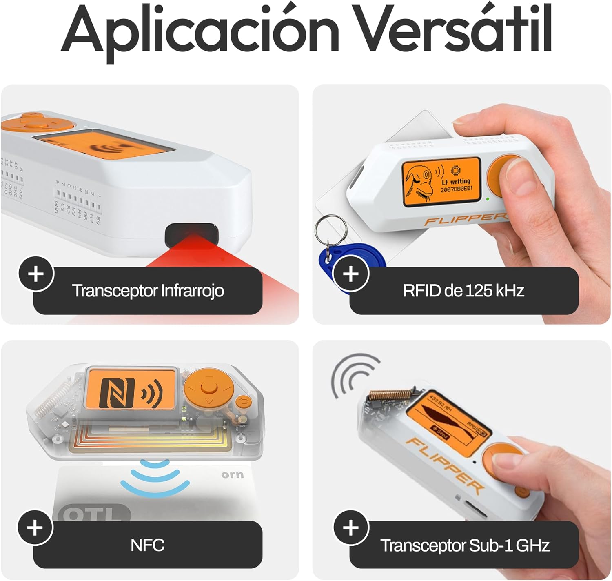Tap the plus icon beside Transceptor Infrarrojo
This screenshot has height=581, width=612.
(x=36, y=274)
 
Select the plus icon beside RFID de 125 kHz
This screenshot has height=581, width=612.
(x=351, y=274)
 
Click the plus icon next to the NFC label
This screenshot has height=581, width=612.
(x=35, y=528)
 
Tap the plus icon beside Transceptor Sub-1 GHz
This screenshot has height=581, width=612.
(x=351, y=528)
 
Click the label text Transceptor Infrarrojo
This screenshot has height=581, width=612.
(x=148, y=291)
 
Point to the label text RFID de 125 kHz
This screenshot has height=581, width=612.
(x=463, y=291)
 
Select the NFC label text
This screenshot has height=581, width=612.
(x=147, y=545)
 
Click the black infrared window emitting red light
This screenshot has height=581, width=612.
(x=192, y=234)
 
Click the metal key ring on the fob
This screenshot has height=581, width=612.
(x=330, y=230)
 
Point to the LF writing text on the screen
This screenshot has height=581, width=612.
(x=456, y=181)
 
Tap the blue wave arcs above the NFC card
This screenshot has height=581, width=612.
(x=155, y=478)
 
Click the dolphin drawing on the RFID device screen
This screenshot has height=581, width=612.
(x=420, y=183)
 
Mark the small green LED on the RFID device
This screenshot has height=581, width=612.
(x=488, y=199)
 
